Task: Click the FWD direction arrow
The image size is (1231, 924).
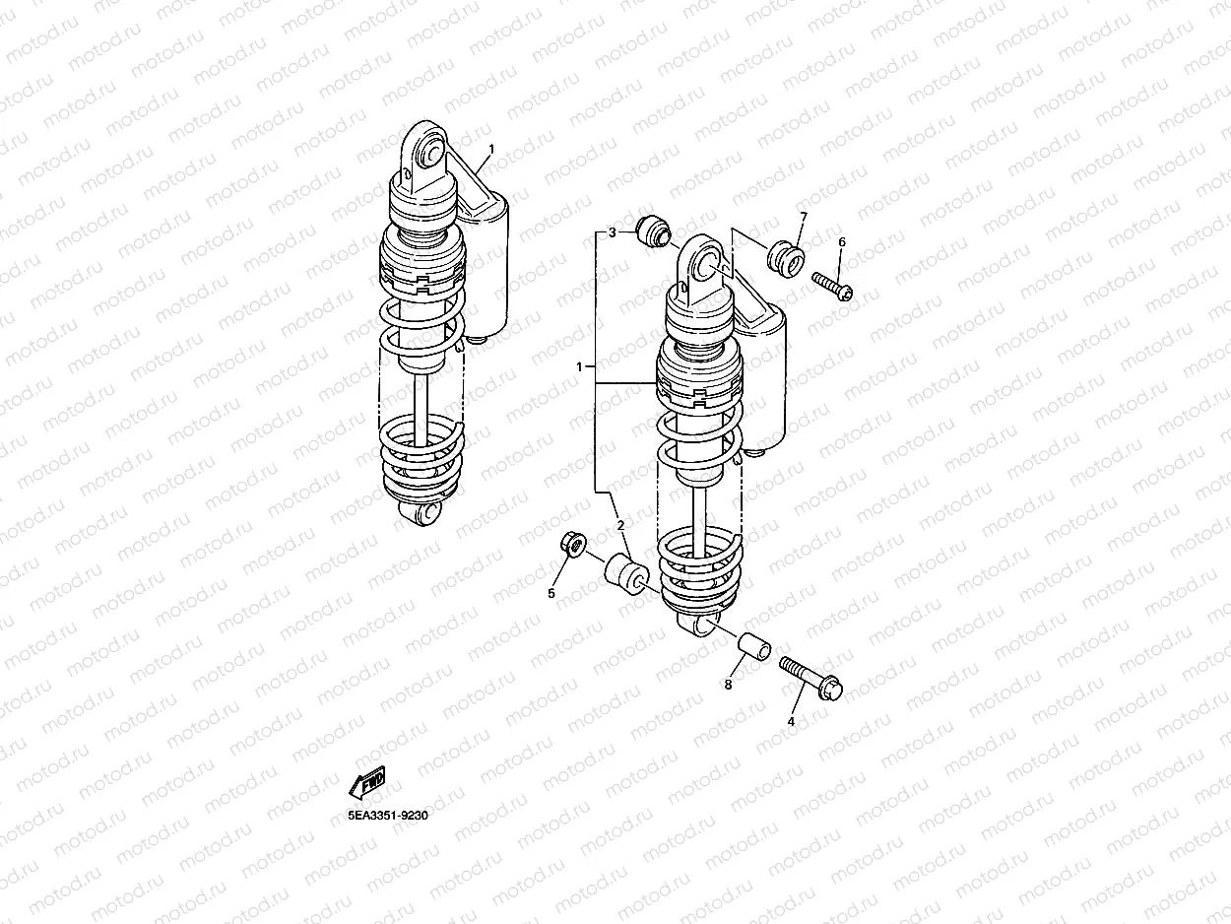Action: pos(367,782)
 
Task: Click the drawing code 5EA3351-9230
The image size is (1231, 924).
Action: pos(388,816)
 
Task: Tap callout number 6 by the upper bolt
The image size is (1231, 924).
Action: pos(842,241)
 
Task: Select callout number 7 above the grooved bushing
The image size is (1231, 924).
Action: pos(804,217)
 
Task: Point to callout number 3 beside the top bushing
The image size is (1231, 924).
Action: pos(613,232)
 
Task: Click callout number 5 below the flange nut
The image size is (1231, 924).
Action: pos(551,594)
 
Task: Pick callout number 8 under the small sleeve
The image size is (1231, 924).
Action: pos(728,685)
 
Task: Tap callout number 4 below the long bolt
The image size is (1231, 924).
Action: pos(792,721)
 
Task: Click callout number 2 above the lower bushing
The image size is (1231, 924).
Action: pos(620,526)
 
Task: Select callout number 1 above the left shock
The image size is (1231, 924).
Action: pos(491,149)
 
